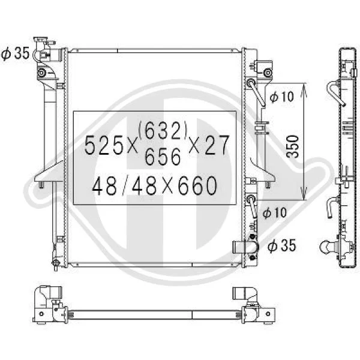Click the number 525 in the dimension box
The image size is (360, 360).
pyautogui.click(x=104, y=145)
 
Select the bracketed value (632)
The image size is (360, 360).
pyautogui.click(x=163, y=130)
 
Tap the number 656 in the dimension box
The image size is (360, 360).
pyautogui.click(x=163, y=157)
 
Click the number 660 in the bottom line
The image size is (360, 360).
pyautogui.click(x=197, y=186)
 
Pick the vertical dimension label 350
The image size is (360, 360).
pyautogui.click(x=293, y=147)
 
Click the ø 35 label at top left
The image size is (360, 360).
pyautogui.click(x=15, y=53)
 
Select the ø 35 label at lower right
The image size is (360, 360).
pyautogui.click(x=282, y=245)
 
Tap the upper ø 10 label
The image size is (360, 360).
pyautogui.click(x=281, y=97)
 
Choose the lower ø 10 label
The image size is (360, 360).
pyautogui.click(x=275, y=212)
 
